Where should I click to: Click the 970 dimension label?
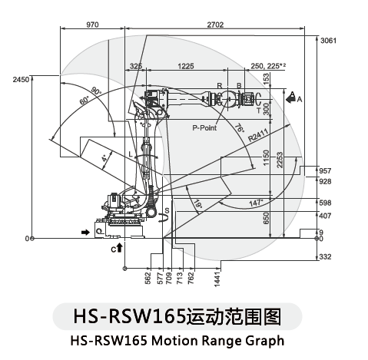click(x=92, y=25)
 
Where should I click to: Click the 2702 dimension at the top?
click(x=215, y=25)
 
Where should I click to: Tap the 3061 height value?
click(x=328, y=41)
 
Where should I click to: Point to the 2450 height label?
click(x=21, y=80)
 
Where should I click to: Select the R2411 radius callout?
click(x=258, y=135)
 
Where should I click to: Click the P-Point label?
click(x=204, y=127)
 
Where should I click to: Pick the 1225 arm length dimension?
click(x=186, y=66)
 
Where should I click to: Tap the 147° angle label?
click(x=256, y=203)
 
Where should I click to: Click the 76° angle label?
click(x=239, y=127)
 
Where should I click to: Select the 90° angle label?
click(x=96, y=91)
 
